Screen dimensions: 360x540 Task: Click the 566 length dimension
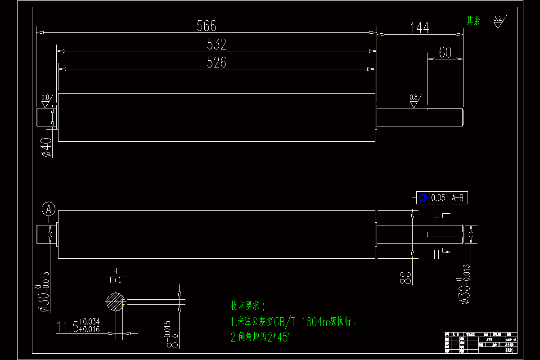click(x=207, y=26)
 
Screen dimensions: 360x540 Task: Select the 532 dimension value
click(x=216, y=45)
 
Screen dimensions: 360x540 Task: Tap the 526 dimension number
click(x=216, y=63)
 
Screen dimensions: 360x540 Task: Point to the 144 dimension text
click(x=419, y=28)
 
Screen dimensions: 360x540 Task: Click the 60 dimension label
click(x=445, y=53)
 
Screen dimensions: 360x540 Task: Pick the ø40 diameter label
click(x=47, y=147)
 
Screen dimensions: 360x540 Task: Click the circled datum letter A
click(x=49, y=208)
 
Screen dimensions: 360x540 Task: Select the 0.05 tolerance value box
click(x=438, y=198)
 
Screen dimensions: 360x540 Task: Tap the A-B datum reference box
click(x=457, y=198)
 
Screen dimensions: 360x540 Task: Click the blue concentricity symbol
click(x=423, y=198)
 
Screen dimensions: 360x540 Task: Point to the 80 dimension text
click(x=405, y=277)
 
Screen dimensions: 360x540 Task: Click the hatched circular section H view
click(x=115, y=301)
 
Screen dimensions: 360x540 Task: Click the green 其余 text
click(x=473, y=21)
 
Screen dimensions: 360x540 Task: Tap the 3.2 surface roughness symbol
click(x=498, y=21)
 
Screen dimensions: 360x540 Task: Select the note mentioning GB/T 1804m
click(x=294, y=322)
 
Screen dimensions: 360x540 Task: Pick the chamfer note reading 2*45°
click(x=261, y=337)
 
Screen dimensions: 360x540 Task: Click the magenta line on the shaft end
click(x=445, y=110)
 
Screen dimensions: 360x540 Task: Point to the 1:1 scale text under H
click(x=115, y=280)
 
